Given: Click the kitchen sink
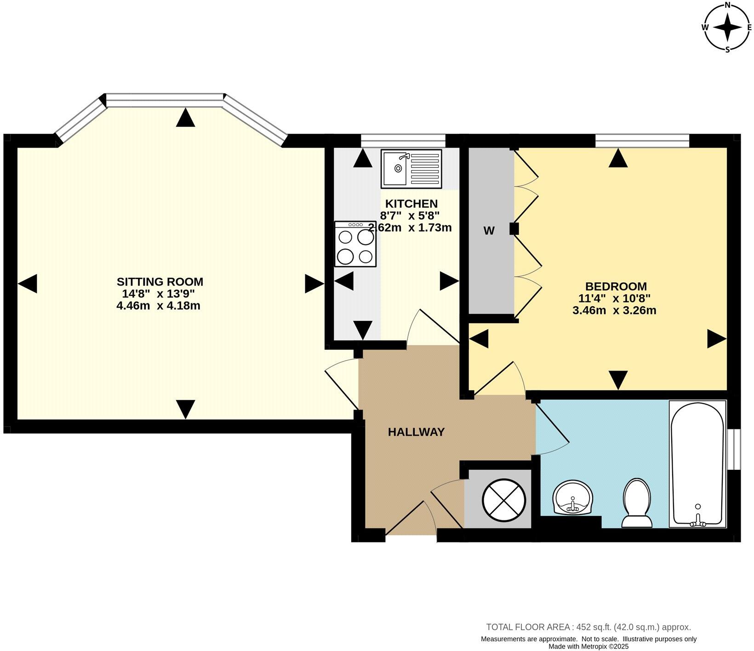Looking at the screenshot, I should (411, 168).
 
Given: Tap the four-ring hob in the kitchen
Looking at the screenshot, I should (355, 244).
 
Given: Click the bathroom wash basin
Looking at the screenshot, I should (573, 498).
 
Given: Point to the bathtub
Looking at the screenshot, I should (698, 463).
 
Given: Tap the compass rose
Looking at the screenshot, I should (727, 27).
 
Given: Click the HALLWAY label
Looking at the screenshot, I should (416, 432).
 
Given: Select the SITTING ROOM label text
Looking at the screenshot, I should (160, 281).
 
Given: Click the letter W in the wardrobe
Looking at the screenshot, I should (489, 231).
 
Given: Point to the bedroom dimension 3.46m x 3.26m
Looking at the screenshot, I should (614, 310).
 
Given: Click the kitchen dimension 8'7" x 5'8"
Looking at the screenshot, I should (410, 215).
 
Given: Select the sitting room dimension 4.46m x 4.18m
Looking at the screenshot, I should (158, 306).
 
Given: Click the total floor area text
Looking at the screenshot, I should (588, 627).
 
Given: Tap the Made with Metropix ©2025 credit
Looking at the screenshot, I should (588, 646).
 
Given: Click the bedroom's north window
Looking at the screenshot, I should (642, 141).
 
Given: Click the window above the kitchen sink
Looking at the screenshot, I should (403, 141).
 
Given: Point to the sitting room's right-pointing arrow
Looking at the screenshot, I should (314, 284).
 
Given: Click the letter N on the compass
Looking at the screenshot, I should (727, 5).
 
